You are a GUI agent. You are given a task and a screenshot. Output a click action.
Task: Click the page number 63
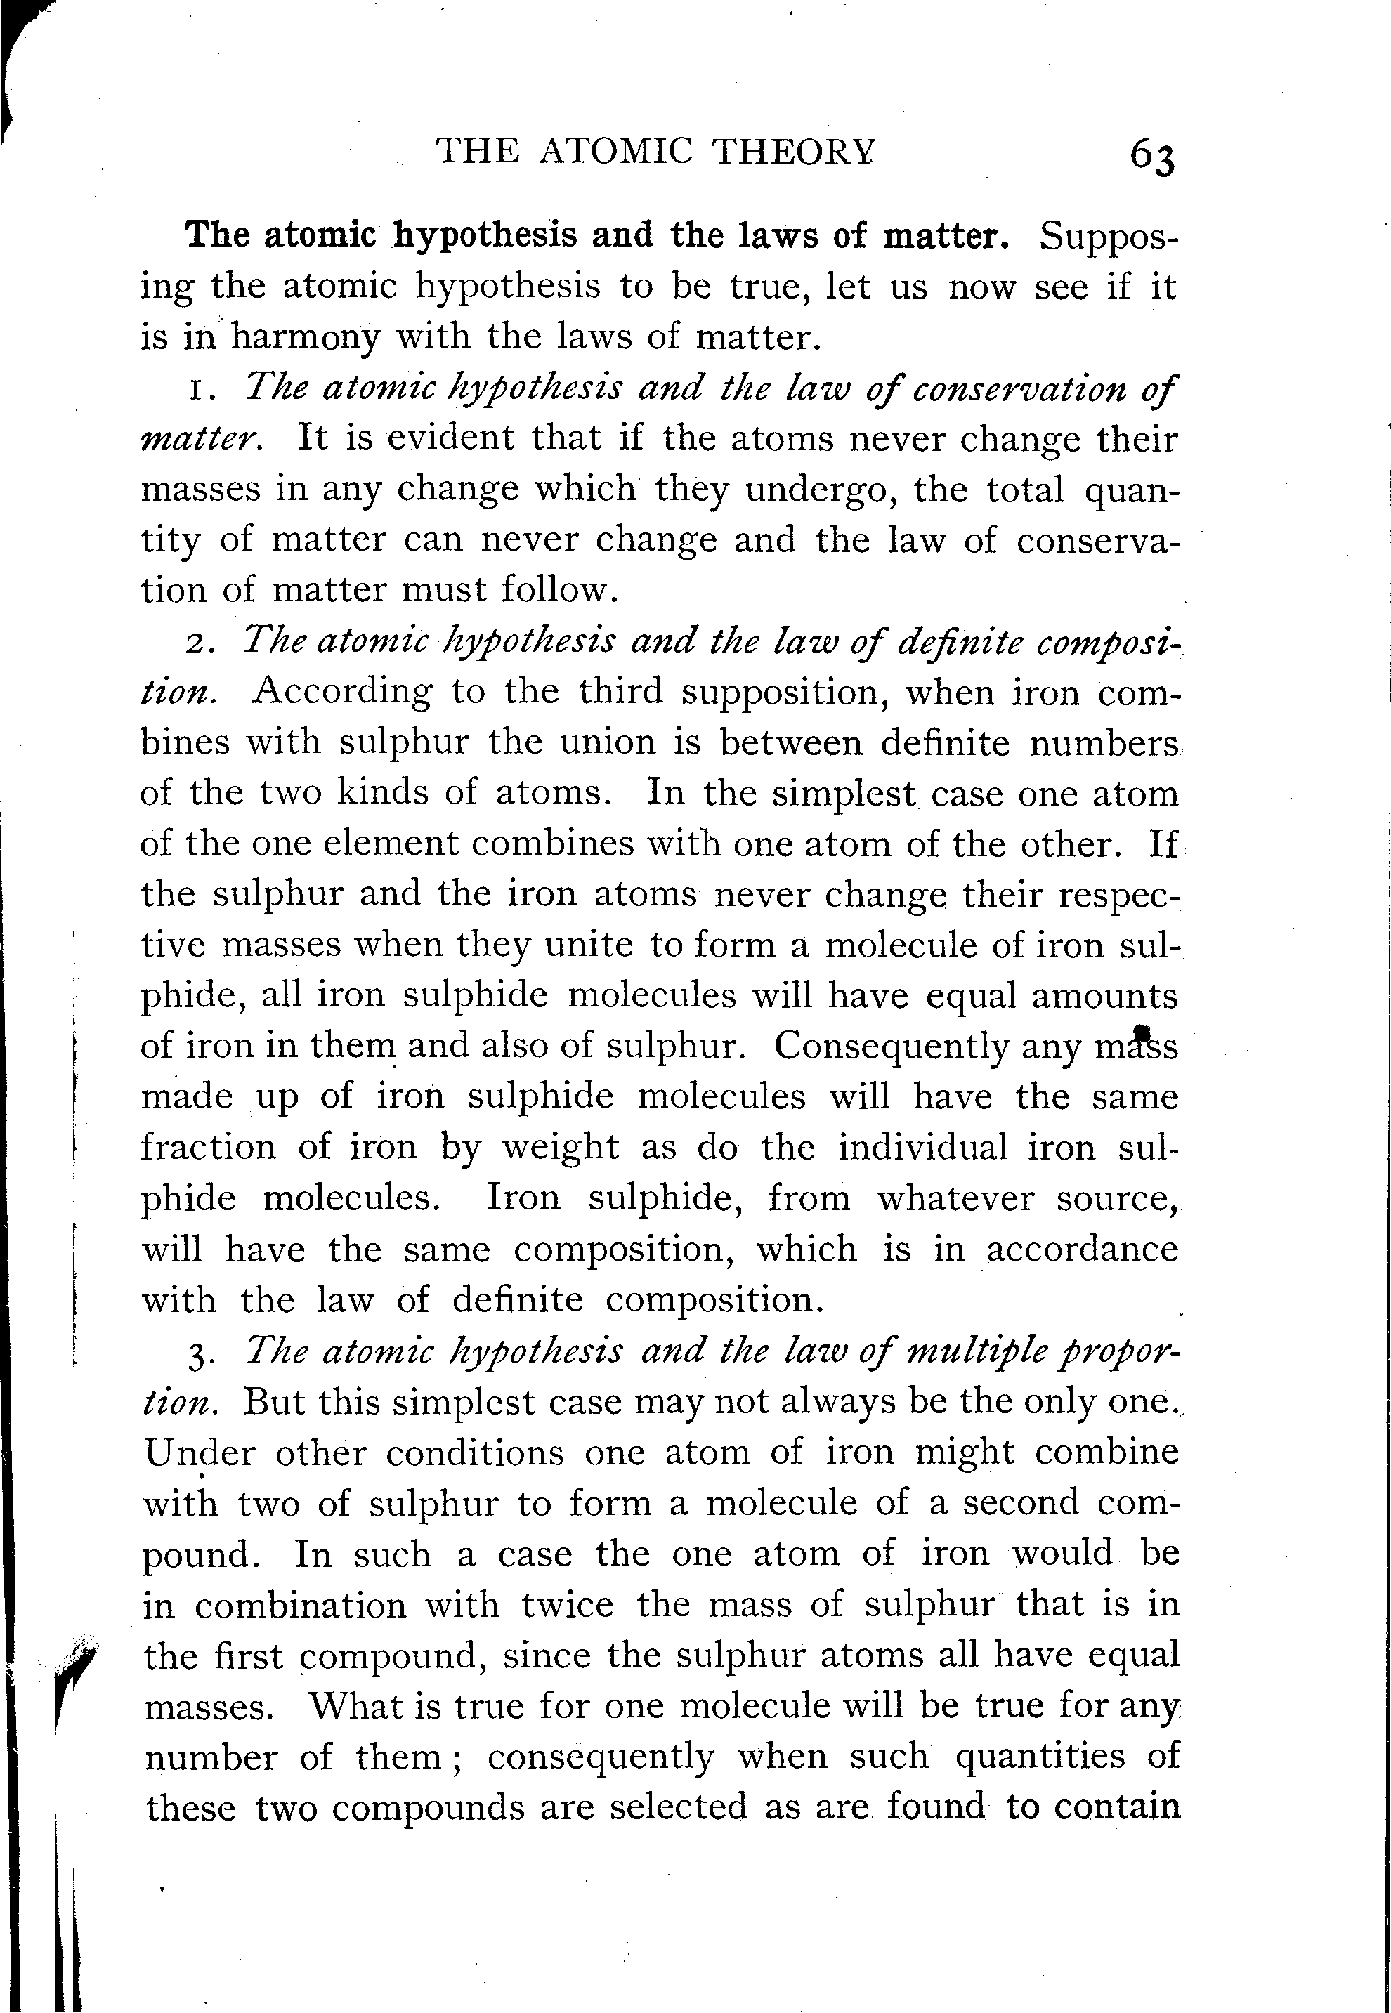tap(1151, 158)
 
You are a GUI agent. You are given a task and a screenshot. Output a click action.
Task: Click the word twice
tap(568, 1604)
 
